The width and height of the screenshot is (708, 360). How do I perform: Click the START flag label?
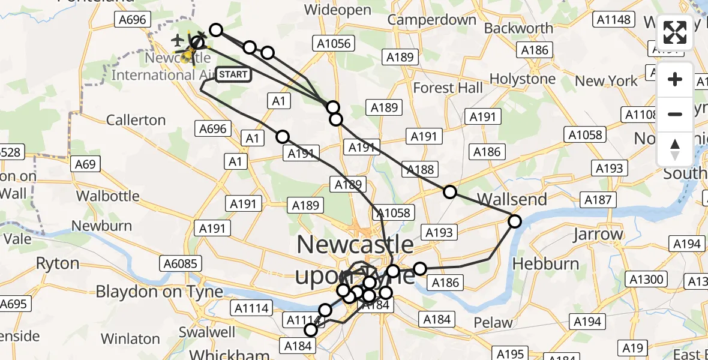(233, 74)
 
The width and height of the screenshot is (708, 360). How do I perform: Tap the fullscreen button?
(675, 32)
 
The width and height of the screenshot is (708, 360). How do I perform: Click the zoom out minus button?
(675, 114)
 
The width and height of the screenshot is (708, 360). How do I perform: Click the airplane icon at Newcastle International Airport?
(178, 41)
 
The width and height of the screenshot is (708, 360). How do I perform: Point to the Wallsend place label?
(512, 199)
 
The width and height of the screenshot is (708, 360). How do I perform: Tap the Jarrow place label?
(598, 235)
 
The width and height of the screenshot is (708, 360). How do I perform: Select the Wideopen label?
(332, 10)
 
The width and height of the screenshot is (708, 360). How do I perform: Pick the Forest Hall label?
(448, 88)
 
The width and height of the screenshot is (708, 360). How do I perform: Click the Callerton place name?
(136, 120)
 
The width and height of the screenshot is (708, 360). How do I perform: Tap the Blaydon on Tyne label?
(159, 292)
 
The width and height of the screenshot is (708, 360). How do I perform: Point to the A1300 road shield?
(646, 279)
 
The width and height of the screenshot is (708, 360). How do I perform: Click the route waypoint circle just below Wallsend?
(515, 221)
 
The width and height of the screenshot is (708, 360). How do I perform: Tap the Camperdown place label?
(431, 20)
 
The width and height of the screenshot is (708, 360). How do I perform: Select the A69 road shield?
(86, 164)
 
